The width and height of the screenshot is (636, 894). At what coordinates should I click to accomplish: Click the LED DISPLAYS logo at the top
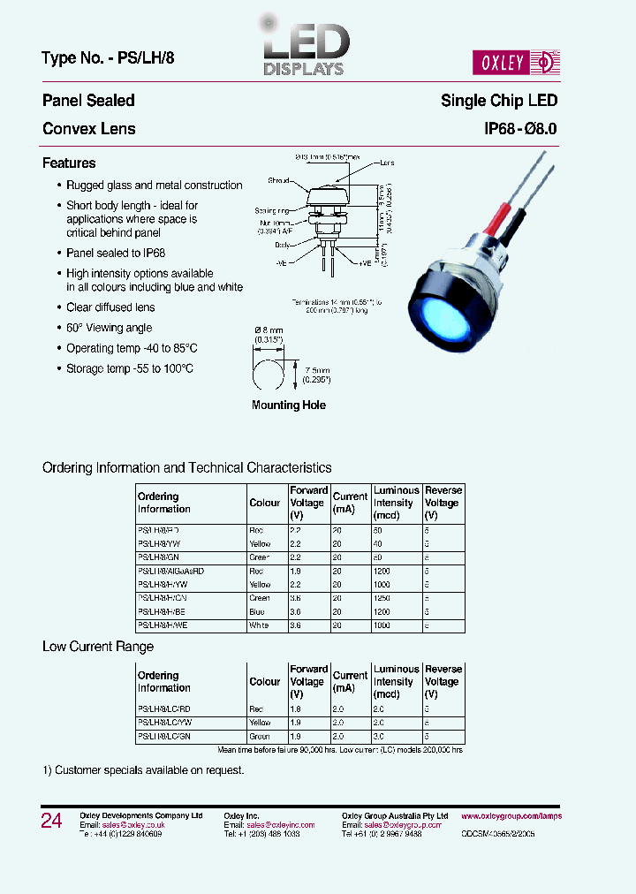(x=303, y=49)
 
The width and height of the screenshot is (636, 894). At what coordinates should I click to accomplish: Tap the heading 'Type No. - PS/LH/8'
(x=113, y=60)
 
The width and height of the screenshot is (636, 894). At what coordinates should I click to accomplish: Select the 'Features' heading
(x=69, y=163)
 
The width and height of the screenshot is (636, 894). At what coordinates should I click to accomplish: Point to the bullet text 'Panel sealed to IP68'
(x=116, y=253)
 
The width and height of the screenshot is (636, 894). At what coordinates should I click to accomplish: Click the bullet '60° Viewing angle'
(x=109, y=328)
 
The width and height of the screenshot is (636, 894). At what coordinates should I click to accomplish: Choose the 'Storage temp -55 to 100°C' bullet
(x=129, y=368)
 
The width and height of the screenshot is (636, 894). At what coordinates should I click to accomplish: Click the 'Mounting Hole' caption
(x=289, y=405)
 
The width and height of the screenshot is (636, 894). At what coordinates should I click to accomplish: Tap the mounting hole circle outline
(x=267, y=370)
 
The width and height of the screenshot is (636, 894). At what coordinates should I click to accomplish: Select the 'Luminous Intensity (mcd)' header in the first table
(x=396, y=503)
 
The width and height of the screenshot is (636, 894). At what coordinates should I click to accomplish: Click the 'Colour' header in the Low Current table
(x=265, y=682)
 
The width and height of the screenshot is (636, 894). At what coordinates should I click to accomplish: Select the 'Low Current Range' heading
(x=98, y=647)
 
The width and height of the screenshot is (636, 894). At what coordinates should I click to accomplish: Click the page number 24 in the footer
(x=52, y=821)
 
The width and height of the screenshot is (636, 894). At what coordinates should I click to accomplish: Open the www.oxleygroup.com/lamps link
(x=511, y=816)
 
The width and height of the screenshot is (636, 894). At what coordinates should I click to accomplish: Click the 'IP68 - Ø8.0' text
(x=520, y=129)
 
